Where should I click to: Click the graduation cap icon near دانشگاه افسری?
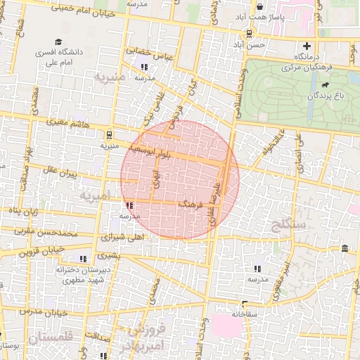58,42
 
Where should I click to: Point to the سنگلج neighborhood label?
287,224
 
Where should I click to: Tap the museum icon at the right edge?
345,248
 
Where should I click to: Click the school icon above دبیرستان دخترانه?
84,258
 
